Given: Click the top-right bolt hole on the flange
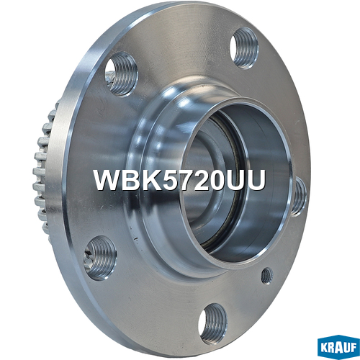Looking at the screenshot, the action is pos(244,48).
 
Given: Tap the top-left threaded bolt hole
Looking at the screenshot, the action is pos(122,74).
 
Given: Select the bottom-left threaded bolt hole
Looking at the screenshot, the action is pos(101,258).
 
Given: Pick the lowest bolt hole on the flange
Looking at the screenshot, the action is pos(212,324).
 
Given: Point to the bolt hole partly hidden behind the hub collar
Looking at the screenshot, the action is pos(300,197).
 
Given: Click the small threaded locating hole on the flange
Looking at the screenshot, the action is pos(267,276).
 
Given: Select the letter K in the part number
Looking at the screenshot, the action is pos(148,180).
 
